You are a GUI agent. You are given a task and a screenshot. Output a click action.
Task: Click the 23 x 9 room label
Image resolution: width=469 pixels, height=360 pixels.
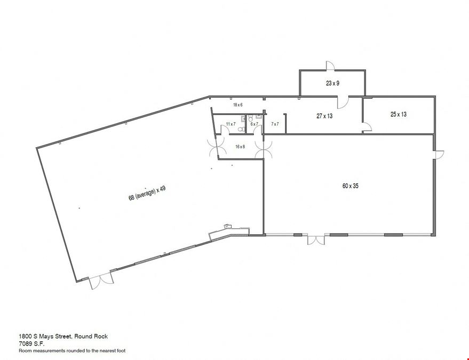332,83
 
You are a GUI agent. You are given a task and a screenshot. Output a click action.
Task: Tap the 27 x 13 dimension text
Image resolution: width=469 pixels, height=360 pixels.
324,116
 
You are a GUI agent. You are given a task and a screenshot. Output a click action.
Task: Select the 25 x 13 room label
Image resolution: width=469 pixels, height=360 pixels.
399,114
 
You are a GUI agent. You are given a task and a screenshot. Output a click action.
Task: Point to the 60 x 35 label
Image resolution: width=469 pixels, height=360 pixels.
350,186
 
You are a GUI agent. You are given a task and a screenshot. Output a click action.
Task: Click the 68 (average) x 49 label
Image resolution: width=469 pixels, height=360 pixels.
147,193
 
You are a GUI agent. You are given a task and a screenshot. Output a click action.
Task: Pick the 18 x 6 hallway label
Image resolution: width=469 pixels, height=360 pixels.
238,105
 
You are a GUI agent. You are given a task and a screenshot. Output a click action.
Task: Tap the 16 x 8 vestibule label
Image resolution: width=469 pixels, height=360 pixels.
240,147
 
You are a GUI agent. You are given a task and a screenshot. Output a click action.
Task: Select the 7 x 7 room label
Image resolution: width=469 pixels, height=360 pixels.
275,124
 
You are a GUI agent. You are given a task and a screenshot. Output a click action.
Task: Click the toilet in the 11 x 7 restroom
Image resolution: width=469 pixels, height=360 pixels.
241,129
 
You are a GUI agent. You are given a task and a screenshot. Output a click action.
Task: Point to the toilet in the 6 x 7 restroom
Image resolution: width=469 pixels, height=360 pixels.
251,118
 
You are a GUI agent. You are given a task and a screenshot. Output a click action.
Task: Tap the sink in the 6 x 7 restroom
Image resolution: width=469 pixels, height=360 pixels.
258,117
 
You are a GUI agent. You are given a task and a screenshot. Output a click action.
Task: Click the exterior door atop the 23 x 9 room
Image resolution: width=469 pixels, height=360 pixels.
330,66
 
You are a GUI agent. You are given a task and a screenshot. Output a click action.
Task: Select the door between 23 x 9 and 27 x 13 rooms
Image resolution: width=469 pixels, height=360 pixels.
343,102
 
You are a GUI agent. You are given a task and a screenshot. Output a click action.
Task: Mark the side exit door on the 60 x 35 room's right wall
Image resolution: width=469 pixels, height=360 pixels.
439,155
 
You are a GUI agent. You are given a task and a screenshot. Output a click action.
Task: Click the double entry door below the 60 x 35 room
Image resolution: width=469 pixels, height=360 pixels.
316,240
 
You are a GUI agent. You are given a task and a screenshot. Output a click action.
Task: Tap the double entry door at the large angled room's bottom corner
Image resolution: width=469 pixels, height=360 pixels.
101,281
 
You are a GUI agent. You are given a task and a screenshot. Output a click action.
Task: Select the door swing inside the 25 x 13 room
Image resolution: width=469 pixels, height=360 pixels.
367,127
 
